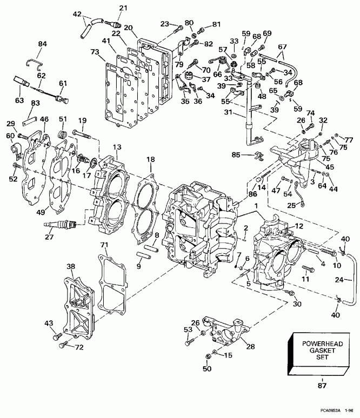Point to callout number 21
pos(124,8)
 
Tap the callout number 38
pos(70,266)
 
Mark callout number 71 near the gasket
pos(103,245)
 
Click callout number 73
pos(95,52)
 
